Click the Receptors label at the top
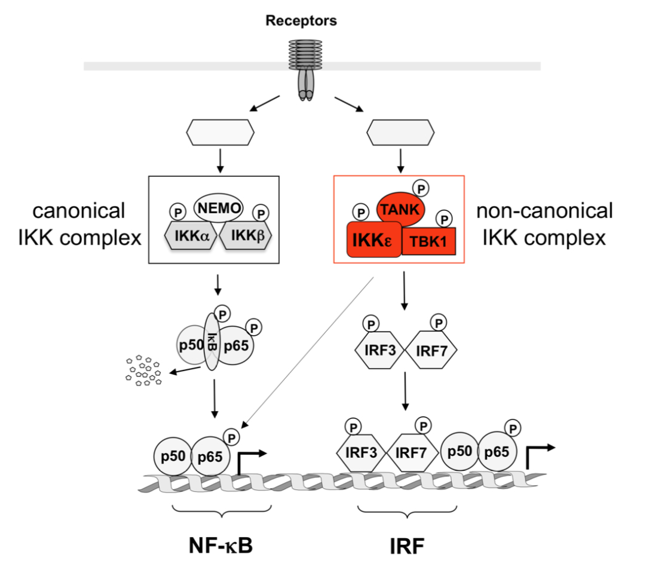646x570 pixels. (x=301, y=22)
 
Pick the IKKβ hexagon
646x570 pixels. (x=245, y=236)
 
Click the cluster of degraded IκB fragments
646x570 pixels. (x=144, y=370)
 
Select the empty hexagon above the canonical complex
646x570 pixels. (x=221, y=132)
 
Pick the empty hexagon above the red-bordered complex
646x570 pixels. (x=400, y=132)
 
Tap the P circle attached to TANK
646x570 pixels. (x=422, y=189)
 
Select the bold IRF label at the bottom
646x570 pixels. (x=406, y=545)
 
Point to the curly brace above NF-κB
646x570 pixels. (x=222, y=511)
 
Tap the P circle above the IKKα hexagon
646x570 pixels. (x=177, y=212)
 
